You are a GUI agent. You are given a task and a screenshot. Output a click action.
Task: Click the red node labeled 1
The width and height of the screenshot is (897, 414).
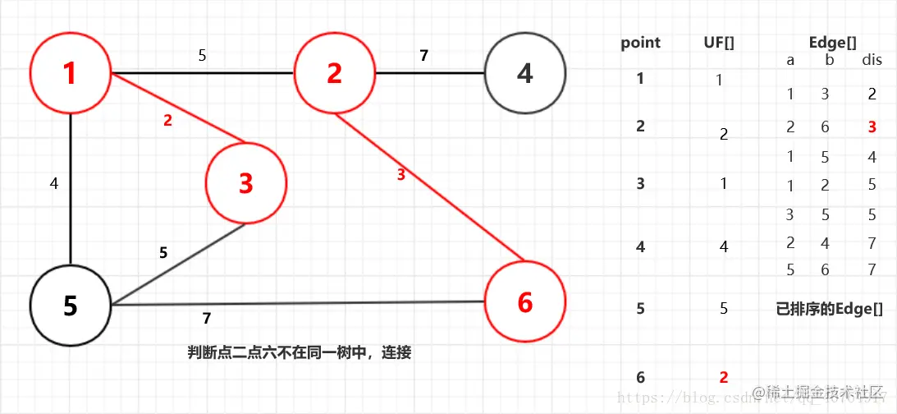[70, 74]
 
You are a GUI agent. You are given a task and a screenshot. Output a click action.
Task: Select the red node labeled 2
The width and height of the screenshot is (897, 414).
[334, 74]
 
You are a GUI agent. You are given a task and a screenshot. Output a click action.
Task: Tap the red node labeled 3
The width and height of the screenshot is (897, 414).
[246, 184]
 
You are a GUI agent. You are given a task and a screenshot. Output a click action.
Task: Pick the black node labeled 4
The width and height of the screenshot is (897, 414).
[525, 74]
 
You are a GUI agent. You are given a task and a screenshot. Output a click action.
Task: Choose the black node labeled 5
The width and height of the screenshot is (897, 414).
[70, 306]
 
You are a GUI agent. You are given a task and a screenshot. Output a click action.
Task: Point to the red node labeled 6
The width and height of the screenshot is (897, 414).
[525, 302]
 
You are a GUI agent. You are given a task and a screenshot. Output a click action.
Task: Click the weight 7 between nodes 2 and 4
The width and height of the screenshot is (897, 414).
[423, 56]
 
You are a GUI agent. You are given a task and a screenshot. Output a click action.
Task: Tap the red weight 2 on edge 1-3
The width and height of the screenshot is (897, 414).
[167, 120]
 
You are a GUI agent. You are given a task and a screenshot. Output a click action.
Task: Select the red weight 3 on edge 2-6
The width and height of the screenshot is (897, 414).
[400, 174]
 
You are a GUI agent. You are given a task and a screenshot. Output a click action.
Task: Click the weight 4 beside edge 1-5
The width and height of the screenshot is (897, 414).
[54, 183]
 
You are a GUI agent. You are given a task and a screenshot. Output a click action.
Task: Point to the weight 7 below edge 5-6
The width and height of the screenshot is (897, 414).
[207, 318]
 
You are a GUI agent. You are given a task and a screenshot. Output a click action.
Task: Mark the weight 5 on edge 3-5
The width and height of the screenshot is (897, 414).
[163, 253]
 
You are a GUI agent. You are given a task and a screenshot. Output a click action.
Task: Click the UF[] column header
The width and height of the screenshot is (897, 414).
[719, 43]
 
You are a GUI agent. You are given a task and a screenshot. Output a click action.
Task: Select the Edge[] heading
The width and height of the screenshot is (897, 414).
[832, 43]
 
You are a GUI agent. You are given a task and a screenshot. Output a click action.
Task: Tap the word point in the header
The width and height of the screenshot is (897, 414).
[640, 43]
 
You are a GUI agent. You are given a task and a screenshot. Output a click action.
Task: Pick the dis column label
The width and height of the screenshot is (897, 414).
[872, 61]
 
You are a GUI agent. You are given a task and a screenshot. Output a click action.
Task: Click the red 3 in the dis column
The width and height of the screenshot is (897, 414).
[872, 127]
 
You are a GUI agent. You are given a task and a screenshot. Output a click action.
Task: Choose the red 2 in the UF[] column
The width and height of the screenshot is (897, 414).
[724, 377]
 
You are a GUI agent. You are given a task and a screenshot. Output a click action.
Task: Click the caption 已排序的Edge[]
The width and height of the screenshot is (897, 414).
[829, 309]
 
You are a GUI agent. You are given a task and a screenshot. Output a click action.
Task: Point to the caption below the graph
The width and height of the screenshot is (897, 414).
[299, 353]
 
